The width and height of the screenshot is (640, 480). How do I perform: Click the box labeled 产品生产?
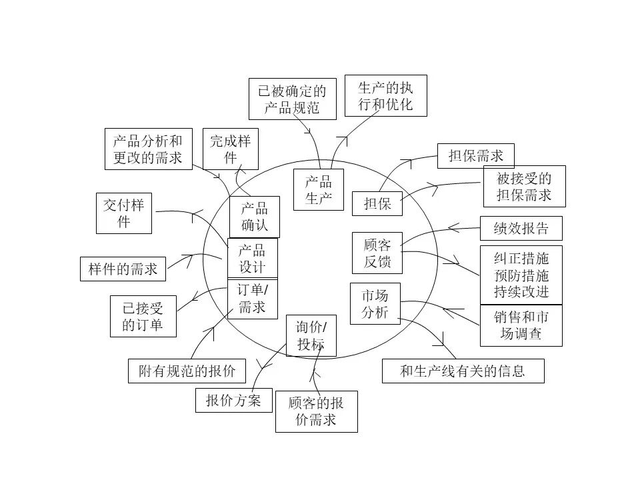pyautogui.click(x=319, y=190)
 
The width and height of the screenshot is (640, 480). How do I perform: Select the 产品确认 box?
pyautogui.click(x=254, y=217)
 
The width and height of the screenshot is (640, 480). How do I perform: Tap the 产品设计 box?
pyautogui.click(x=252, y=259)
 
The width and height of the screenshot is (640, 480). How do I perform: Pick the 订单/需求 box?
pyautogui.click(x=252, y=299)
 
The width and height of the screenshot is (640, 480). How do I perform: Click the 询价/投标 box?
pyautogui.click(x=311, y=335)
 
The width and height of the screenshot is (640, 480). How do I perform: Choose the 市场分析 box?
pyautogui.click(x=375, y=304)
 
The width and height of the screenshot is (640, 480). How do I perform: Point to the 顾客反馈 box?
pyautogui.click(x=377, y=253)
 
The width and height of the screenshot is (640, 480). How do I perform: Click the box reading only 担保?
pyautogui.click(x=377, y=203)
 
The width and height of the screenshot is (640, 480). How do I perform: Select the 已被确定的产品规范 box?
pyautogui.click(x=293, y=99)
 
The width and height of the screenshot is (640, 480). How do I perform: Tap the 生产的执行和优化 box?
pyautogui.click(x=386, y=95)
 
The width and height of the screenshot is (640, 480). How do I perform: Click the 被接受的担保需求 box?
pyautogui.click(x=525, y=186)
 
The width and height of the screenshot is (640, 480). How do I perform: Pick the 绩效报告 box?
pyautogui.click(x=521, y=228)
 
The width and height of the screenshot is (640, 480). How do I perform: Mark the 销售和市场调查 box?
pyautogui.click(x=521, y=325)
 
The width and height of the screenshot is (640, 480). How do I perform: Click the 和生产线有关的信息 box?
pyautogui.click(x=463, y=371)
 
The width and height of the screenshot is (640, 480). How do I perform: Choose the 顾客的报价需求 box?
pyautogui.click(x=316, y=411)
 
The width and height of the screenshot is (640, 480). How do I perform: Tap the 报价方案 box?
pyautogui.click(x=234, y=401)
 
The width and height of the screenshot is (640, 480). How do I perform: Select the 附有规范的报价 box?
pyautogui.click(x=187, y=371)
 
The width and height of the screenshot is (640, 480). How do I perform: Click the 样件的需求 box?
pyautogui.click(x=123, y=269)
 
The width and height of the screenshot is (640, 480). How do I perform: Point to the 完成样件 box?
pyautogui.click(x=231, y=149)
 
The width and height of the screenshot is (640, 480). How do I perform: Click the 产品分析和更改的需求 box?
pyautogui.click(x=149, y=149)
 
